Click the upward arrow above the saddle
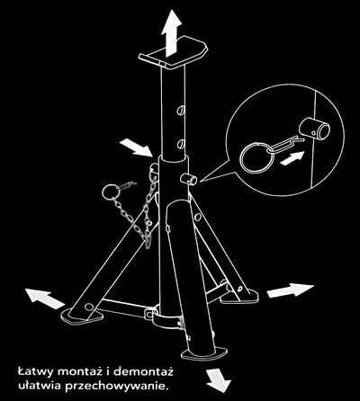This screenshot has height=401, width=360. click(171, 32)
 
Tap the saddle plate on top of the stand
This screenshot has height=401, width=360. click(173, 52)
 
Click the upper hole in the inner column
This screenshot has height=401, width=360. click(181, 110)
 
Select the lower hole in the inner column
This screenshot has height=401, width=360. click(181, 144)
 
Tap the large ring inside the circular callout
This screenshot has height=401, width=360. click(256, 157)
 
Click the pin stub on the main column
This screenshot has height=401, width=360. click(189, 180)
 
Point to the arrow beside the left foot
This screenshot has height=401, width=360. click(45, 298)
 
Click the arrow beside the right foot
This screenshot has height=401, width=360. click(290, 290)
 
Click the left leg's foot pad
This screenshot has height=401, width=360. click(82, 316)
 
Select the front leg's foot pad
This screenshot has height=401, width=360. click(204, 353)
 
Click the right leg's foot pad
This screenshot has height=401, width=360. click(240, 296)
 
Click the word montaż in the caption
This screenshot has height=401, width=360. click(80, 372)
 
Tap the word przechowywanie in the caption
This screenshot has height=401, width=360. click(115, 386)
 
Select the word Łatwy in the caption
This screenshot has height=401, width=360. click(35, 372)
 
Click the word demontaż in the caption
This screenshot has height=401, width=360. click(143, 372)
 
